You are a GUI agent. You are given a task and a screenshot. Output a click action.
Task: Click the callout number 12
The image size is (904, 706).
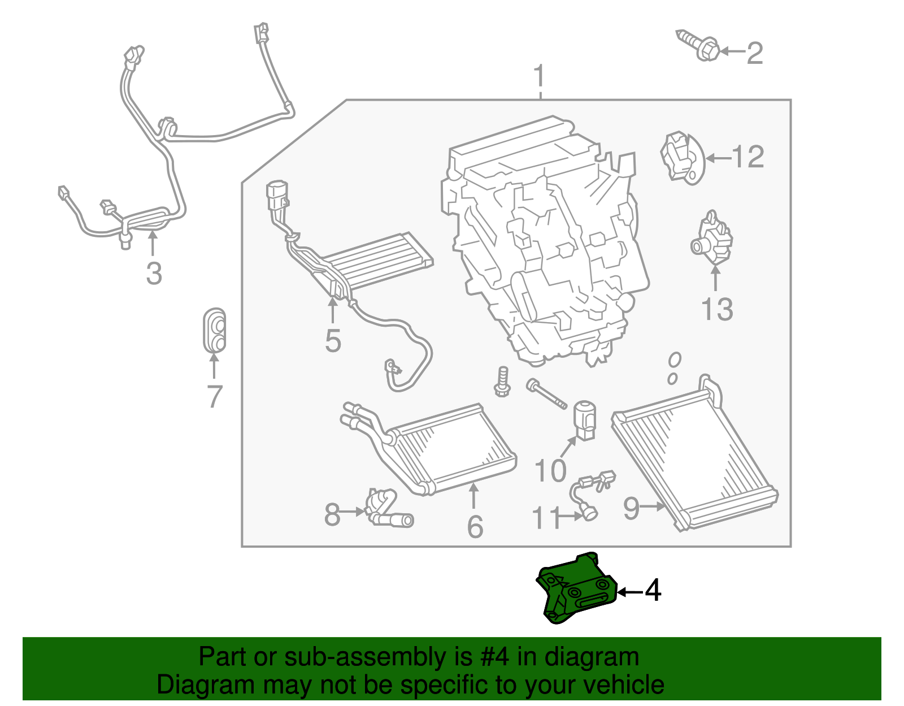click(748, 157)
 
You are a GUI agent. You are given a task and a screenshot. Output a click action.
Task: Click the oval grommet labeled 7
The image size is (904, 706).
click(214, 331)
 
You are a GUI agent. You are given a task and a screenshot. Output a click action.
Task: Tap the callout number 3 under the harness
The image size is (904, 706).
click(154, 273)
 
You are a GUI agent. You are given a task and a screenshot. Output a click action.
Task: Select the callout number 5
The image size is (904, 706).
click(333, 341)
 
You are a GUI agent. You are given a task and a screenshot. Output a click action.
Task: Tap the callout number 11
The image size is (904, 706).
click(546, 517)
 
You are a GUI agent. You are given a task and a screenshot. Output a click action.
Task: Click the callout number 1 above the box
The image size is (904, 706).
click(540, 76)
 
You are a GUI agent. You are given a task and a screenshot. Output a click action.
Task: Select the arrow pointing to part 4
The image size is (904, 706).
click(629, 592)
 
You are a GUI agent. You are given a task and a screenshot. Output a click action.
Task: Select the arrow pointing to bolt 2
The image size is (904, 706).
click(732, 52)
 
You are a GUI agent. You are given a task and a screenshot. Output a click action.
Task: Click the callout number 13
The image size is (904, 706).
click(716, 310)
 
